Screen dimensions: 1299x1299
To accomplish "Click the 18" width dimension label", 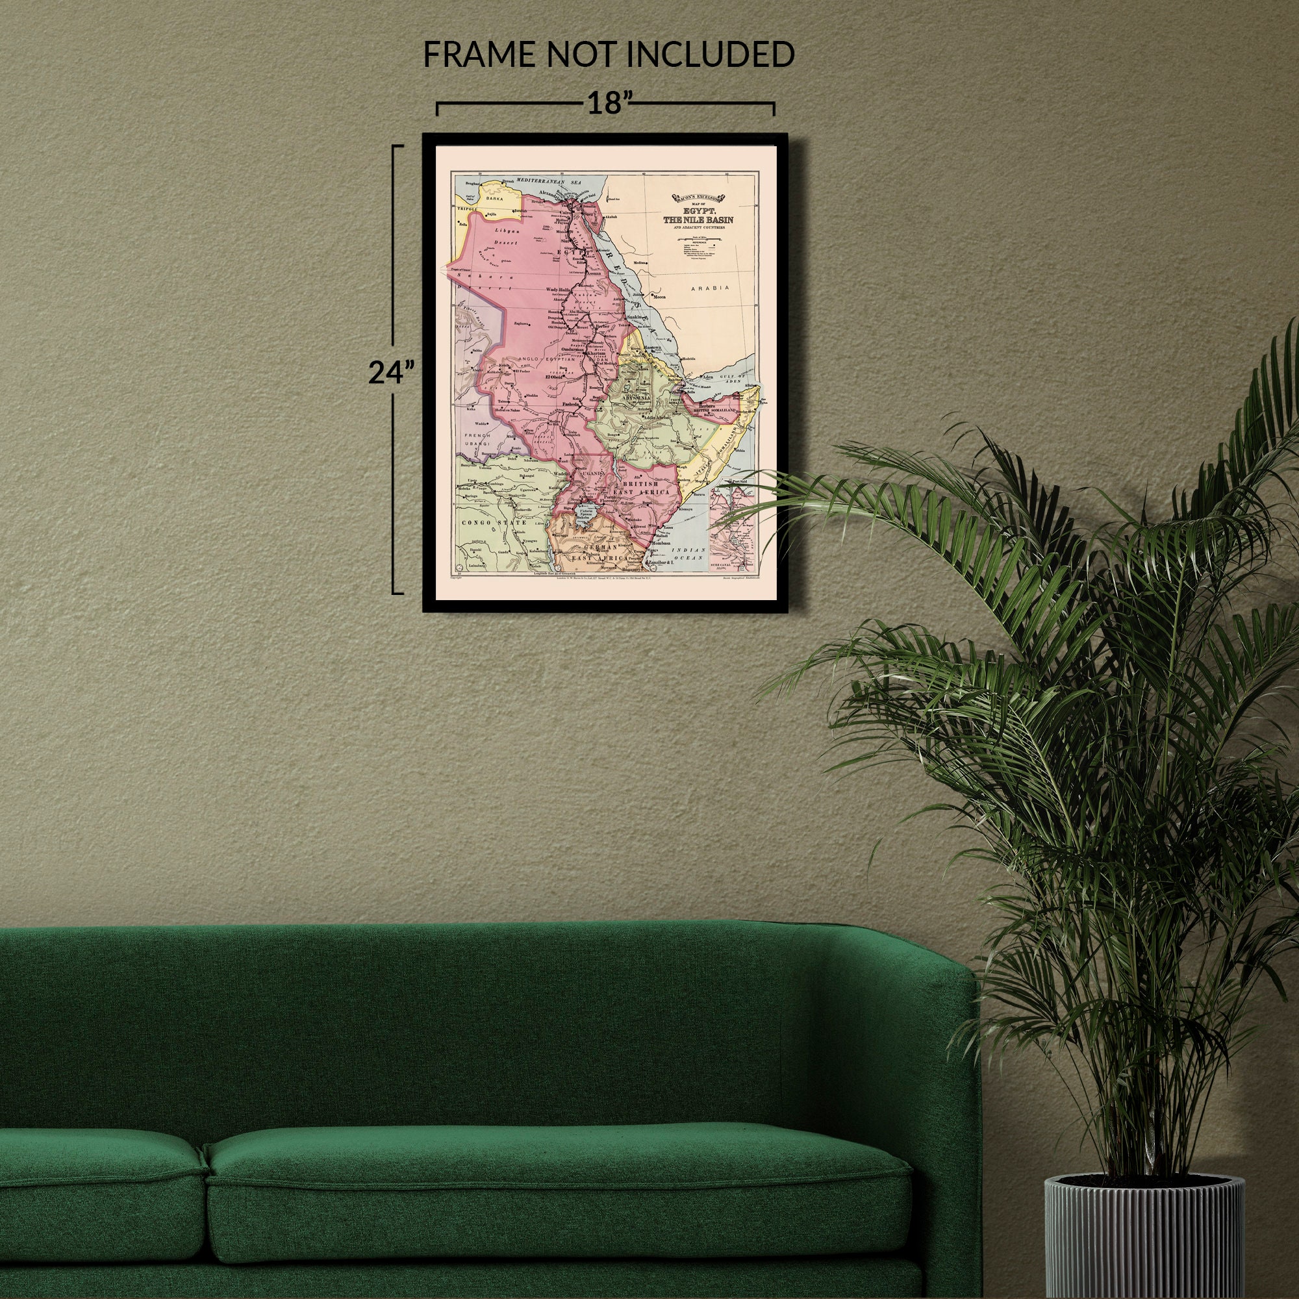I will click(x=605, y=105).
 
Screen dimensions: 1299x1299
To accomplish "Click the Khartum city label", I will click(x=596, y=353).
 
